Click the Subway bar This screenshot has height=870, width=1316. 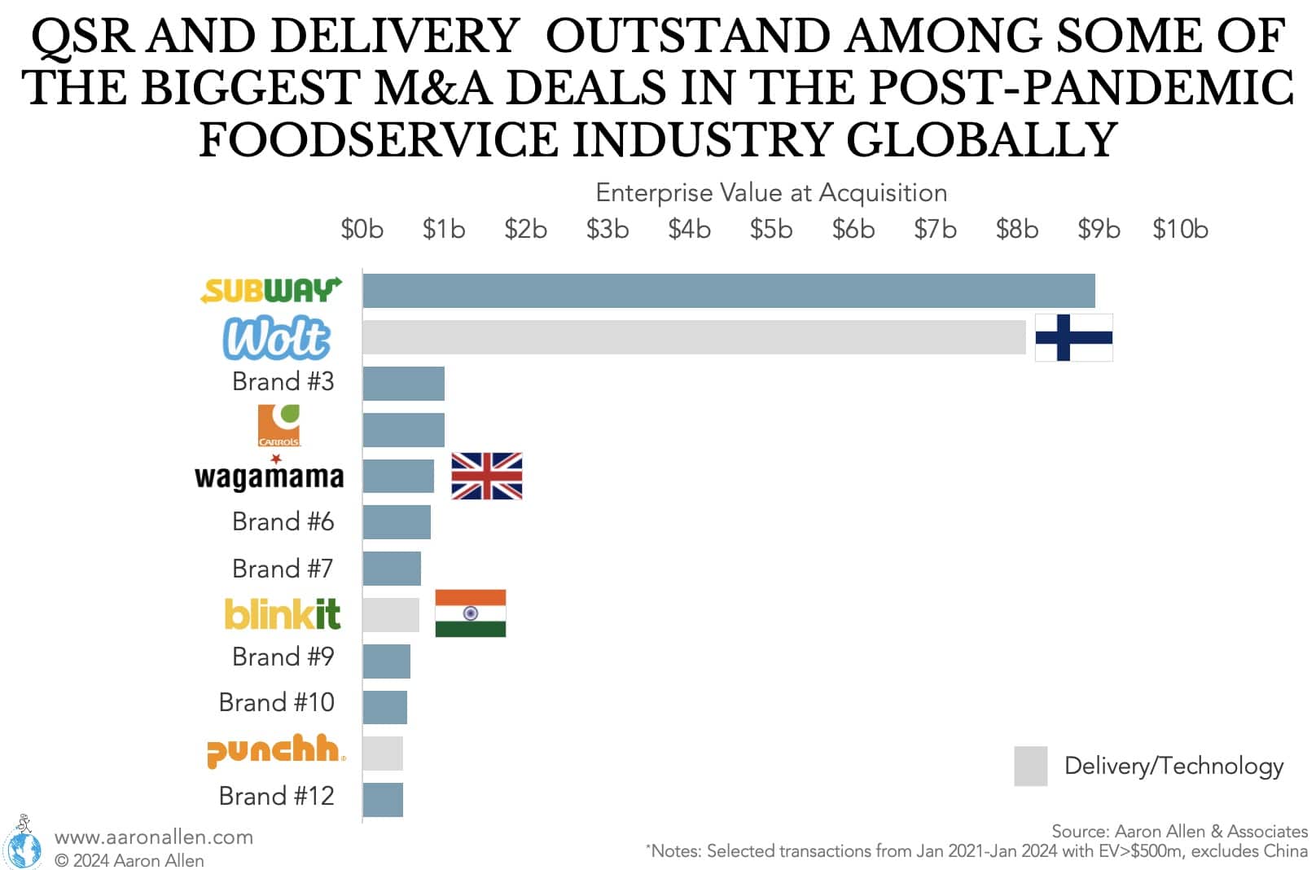pos(729,291)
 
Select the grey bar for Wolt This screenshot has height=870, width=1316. pos(694,337)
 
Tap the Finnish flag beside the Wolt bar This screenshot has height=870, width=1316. pos(1073,337)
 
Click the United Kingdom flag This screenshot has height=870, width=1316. pos(486,476)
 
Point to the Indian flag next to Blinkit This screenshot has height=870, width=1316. pos(470,613)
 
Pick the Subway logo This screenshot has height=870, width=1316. pos(271,290)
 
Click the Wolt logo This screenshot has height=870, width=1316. pos(277,338)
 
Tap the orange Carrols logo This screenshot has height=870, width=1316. pos(279,425)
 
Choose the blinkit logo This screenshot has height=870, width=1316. pos(282,614)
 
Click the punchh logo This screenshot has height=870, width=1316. pos(275,750)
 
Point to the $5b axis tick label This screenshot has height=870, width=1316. pos(770,230)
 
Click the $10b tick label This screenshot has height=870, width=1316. pos(1179,230)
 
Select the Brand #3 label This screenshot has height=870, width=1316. pos(283,381)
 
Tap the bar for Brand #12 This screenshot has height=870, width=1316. pos(383,800)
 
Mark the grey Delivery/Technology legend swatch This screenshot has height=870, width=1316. pos(1030,766)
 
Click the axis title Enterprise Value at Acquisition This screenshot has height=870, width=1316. pos(771,193)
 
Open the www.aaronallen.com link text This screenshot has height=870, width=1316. pos(154,837)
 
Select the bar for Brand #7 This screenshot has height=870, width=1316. pos(392,569)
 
